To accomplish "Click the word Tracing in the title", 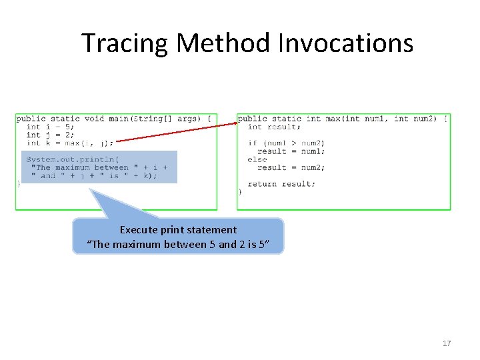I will click(125, 43).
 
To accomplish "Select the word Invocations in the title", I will click(345, 43).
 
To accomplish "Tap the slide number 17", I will click(447, 343).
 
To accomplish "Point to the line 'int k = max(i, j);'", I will click(69, 143).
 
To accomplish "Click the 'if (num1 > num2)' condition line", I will click(286, 143).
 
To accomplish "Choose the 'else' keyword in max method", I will click(257, 159).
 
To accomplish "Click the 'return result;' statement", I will click(281, 184).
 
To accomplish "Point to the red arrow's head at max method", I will click(237, 123).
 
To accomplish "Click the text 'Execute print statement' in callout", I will click(178, 229).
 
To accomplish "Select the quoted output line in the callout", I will click(178, 245).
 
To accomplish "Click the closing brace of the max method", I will click(239, 192).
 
